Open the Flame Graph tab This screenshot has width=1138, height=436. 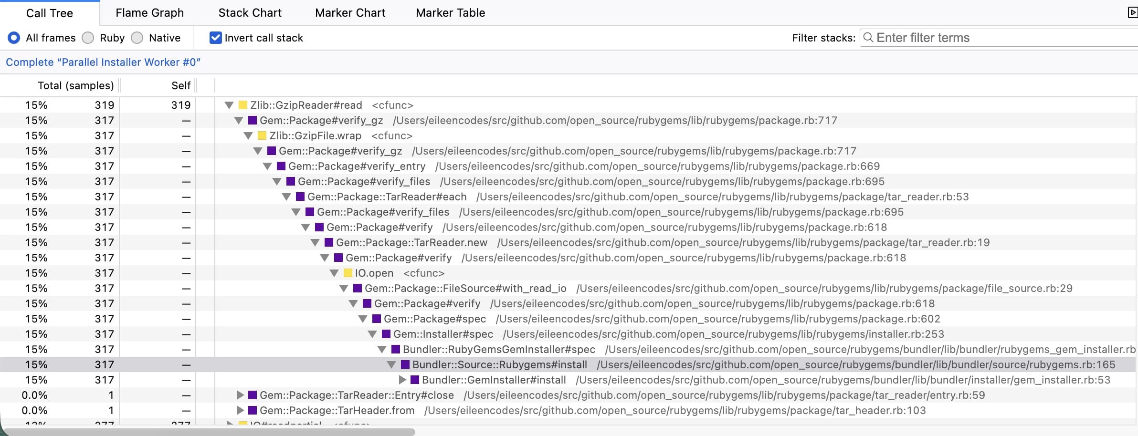(149, 13)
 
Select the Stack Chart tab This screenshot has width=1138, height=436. (250, 13)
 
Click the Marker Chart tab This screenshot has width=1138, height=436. (350, 13)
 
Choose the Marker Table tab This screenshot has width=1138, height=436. (450, 13)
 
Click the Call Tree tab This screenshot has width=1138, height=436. (50, 13)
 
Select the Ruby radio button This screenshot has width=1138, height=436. (88, 38)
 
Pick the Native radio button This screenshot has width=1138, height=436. (137, 38)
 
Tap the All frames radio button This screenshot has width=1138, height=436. (14, 38)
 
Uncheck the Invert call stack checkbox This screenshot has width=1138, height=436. (215, 38)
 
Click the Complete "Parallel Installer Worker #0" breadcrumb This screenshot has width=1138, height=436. (103, 62)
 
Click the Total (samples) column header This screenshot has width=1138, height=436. (76, 85)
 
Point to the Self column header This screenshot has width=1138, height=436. (181, 85)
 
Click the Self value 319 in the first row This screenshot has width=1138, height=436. (181, 105)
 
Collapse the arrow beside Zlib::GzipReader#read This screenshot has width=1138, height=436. (229, 105)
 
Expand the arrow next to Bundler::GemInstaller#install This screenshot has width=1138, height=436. (402, 380)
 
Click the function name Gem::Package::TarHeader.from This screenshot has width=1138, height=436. (337, 410)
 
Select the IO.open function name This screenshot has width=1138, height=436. (374, 273)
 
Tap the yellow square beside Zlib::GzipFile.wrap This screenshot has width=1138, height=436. (262, 135)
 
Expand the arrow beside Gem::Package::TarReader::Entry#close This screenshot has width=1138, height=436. (240, 395)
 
